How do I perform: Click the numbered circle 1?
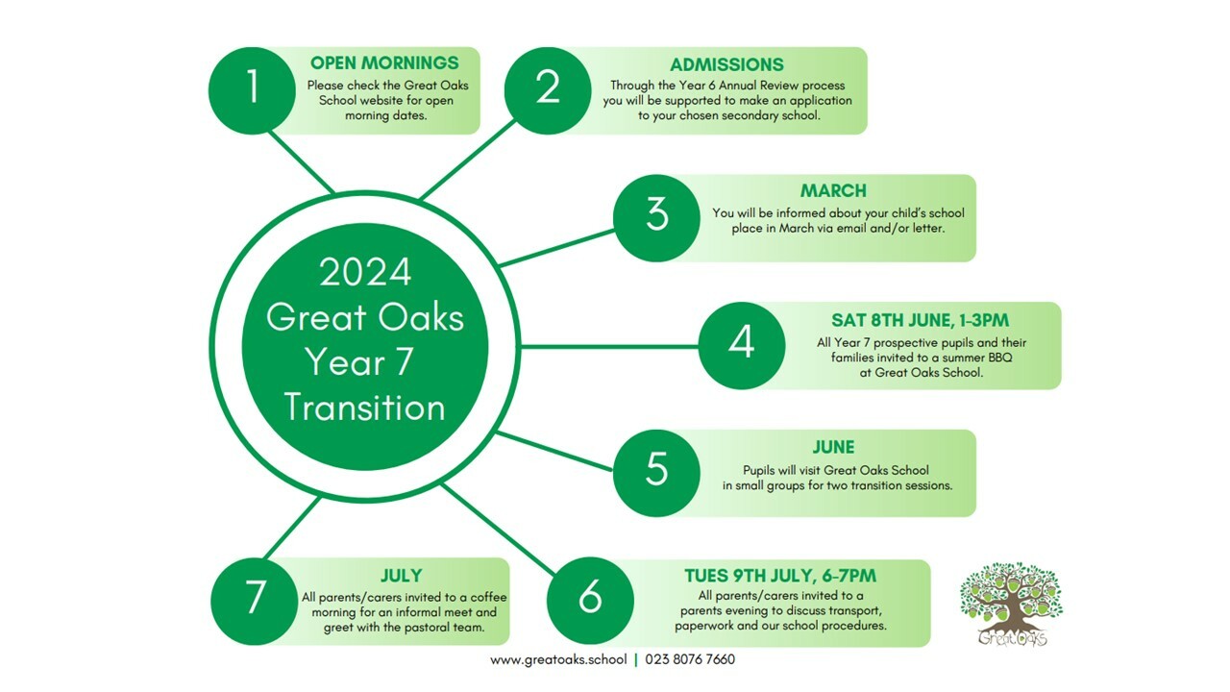tap(252, 90)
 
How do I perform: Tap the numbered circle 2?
tap(548, 90)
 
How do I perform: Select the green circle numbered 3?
tap(656, 218)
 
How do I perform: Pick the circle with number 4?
tap(742, 345)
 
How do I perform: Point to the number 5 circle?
tap(656, 473)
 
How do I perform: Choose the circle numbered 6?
tap(590, 601)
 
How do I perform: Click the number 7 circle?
tap(255, 602)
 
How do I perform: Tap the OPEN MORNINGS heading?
tap(384, 63)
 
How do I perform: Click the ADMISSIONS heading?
tap(726, 64)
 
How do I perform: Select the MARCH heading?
tap(833, 190)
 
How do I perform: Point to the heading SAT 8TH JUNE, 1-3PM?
tap(920, 320)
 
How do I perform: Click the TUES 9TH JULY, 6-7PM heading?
tap(779, 576)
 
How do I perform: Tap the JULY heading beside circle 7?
tap(402, 576)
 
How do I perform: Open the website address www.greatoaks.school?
tap(558, 659)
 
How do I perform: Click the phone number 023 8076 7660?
tap(690, 659)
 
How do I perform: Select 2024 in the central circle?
tap(365, 272)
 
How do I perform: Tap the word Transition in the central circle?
tap(364, 408)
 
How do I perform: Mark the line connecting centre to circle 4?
tap(609, 347)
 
